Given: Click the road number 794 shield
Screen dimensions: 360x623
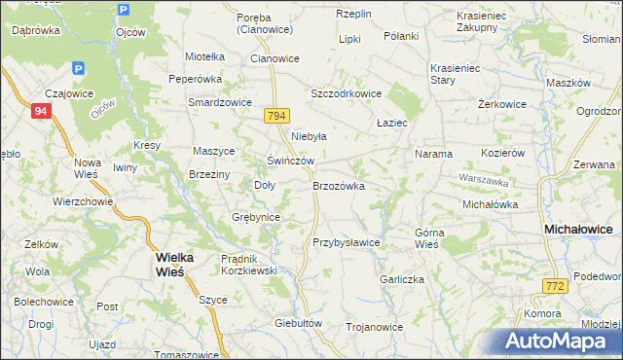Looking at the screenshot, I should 277,116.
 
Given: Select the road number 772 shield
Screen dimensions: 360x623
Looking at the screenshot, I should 555,285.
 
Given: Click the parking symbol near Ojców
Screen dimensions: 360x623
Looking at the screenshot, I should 123,11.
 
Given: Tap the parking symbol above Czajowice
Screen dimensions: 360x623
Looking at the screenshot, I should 78,68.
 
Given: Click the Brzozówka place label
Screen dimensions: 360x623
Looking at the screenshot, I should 338,185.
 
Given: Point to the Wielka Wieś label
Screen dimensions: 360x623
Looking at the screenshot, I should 175,264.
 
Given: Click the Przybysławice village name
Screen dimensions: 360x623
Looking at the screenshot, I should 346,242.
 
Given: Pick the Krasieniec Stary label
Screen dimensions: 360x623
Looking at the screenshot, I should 457,75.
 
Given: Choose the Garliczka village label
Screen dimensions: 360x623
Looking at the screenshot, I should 403,278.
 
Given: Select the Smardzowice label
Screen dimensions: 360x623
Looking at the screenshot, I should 220,102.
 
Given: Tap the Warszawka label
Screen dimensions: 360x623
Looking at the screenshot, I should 484,181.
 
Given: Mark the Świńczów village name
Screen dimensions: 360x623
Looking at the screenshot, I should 291,160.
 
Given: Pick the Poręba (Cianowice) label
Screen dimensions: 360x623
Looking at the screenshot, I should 271,22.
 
